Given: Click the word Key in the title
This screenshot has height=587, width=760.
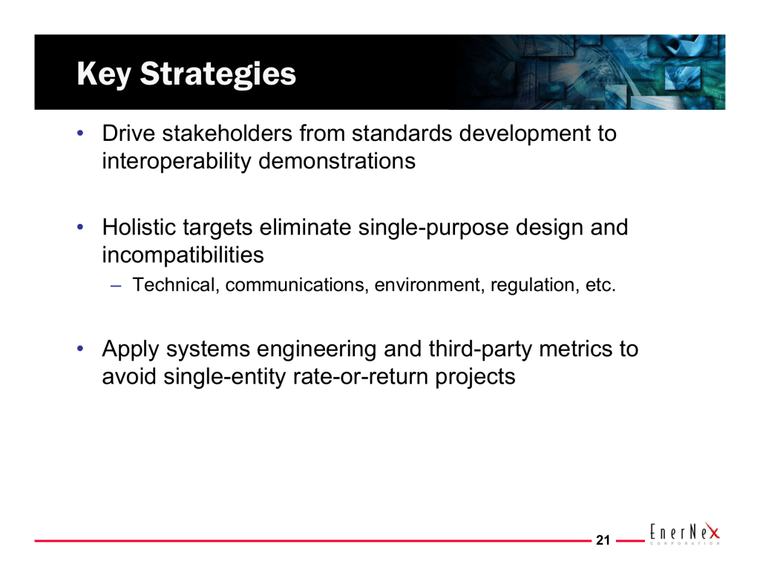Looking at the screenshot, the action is pos(104,74).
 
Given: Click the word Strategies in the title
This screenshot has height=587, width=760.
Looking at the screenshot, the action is pos(218,74).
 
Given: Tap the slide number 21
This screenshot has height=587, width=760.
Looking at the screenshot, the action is pos(603,540).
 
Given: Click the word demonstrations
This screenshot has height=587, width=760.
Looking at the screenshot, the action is pos(337,161).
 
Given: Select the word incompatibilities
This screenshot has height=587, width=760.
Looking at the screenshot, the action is pos(183,255).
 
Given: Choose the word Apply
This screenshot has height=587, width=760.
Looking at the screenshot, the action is pos(131,349).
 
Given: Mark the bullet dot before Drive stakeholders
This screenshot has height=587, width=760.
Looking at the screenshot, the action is pos(80,133).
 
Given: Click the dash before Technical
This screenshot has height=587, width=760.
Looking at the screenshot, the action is pos(115,286).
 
